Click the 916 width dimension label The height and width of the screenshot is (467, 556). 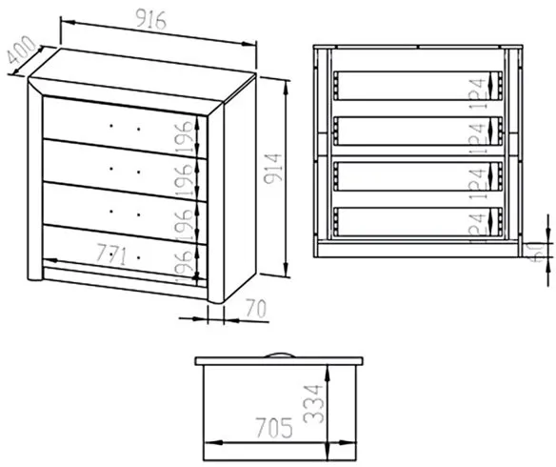point(151,19)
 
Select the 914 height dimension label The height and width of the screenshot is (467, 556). point(273,169)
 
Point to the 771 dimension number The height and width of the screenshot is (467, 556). point(111,255)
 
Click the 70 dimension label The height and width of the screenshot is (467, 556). point(256,308)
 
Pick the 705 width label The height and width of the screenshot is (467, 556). point(274,428)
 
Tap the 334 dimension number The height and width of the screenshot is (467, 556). point(313,404)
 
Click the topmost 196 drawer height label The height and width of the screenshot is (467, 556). point(185,137)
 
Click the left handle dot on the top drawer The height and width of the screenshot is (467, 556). point(111,126)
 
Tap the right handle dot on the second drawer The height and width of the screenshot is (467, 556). point(139,173)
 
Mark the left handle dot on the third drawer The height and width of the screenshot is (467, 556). point(111,212)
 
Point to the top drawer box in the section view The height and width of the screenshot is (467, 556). point(418,86)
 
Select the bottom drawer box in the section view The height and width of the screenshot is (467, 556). point(418,222)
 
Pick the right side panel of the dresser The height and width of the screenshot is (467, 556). point(240,188)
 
